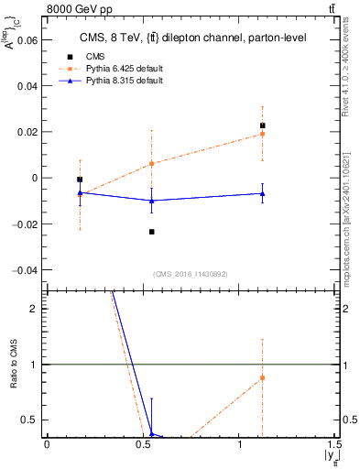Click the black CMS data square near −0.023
[152, 232]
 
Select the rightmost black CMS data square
[262, 125]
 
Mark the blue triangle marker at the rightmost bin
[262, 193]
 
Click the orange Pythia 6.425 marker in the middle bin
[152, 164]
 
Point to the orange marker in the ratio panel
[262, 377]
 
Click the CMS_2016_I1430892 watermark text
[191, 274]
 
